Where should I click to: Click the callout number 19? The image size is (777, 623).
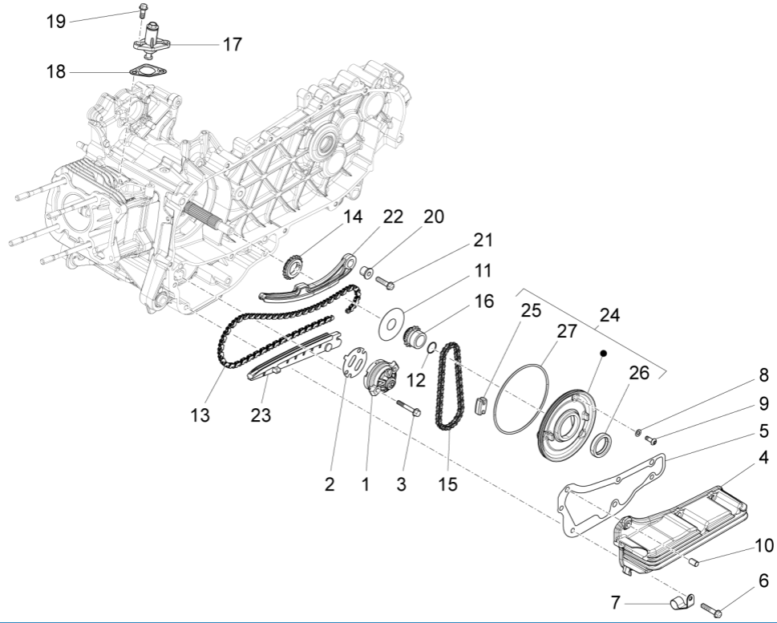(55, 22)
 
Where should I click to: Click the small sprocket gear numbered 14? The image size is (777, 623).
(295, 265)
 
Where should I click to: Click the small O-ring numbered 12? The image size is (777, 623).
(431, 347)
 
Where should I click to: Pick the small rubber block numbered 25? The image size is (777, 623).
(483, 405)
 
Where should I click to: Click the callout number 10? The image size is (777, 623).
(763, 546)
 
